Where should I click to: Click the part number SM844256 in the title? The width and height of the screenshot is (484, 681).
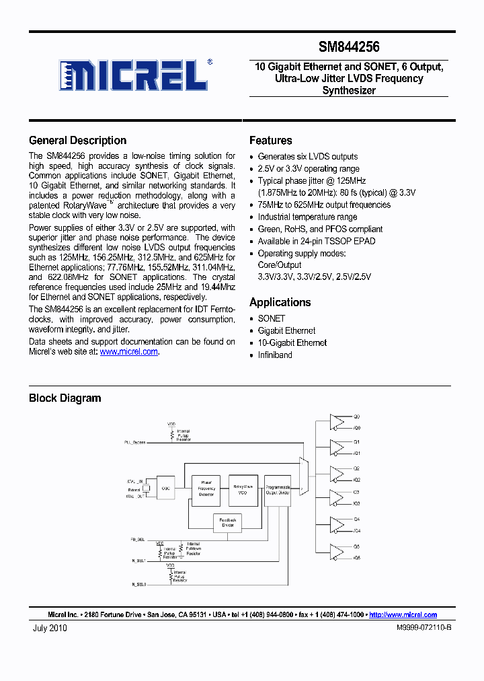point(349,46)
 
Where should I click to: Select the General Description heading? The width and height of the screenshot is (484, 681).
point(77,141)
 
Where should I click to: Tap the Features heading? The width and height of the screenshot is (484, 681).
point(270,141)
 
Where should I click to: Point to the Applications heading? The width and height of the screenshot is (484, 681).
point(280,303)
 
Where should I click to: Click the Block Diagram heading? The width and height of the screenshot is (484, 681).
point(65,398)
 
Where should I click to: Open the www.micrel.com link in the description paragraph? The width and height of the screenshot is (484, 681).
point(128,352)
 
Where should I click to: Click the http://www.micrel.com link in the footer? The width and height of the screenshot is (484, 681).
point(403,615)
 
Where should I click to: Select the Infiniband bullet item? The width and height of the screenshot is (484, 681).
point(275,355)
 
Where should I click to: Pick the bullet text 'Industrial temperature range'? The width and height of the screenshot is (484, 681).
point(307,217)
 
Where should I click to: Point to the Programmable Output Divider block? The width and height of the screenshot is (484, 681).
point(278,490)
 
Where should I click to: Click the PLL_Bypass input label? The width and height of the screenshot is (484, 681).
point(134,442)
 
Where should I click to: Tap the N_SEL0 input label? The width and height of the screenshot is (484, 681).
point(138,585)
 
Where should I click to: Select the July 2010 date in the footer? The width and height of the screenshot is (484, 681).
point(50,628)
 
